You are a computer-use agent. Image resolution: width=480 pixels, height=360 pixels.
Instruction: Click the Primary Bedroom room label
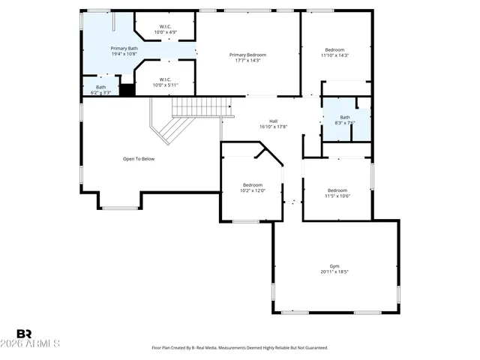tap(247, 55)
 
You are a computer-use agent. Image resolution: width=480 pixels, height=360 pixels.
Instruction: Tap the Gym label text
tap(334, 266)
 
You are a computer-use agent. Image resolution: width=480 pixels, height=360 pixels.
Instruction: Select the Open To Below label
tap(139, 159)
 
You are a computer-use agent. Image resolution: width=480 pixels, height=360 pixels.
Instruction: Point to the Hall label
tap(274, 121)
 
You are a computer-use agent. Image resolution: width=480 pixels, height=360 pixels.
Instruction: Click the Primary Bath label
tap(124, 48)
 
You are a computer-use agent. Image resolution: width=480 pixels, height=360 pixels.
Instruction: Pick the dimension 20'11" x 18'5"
tap(334, 272)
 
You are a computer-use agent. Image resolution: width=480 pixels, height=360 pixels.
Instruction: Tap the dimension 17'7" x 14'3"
tap(247, 61)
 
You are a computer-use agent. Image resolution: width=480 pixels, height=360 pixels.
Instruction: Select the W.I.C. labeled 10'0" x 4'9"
tap(165, 27)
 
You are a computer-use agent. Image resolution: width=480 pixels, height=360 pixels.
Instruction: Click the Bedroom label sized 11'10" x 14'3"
tap(335, 49)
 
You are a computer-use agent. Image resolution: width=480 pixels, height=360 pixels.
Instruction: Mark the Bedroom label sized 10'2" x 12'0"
tap(252, 184)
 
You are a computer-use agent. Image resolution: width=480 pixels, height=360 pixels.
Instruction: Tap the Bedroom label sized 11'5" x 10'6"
tap(337, 190)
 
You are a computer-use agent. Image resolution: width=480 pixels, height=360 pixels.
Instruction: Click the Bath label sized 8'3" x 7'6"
tap(345, 117)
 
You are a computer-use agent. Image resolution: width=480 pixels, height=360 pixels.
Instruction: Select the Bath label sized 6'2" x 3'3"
tap(100, 87)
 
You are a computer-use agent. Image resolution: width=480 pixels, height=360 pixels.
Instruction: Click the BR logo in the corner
tap(24, 334)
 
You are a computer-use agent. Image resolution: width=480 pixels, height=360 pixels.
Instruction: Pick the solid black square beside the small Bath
tap(127, 90)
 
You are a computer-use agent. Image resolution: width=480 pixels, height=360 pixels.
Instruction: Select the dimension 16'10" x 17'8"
tap(274, 127)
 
